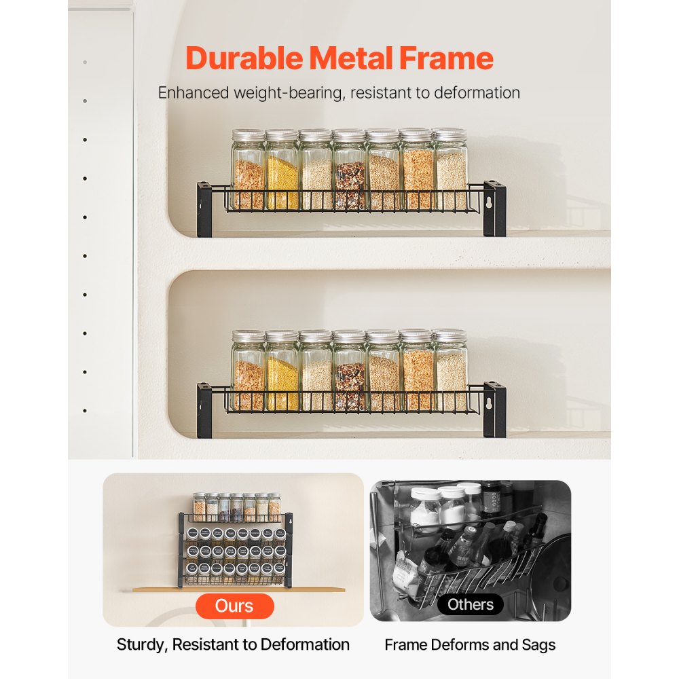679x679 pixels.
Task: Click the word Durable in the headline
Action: [x=244, y=58]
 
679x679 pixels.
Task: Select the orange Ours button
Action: [x=235, y=606]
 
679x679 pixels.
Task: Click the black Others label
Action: [x=471, y=604]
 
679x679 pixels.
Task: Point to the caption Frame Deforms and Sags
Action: [x=470, y=645]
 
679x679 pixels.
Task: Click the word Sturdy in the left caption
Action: [x=141, y=645]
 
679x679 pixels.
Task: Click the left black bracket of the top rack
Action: [x=204, y=209]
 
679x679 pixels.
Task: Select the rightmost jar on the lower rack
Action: [x=450, y=373]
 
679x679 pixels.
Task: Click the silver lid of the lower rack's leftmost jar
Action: [x=249, y=336]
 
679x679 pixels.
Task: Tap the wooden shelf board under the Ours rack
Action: [x=238, y=589]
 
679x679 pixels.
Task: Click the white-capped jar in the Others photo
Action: [x=426, y=508]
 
